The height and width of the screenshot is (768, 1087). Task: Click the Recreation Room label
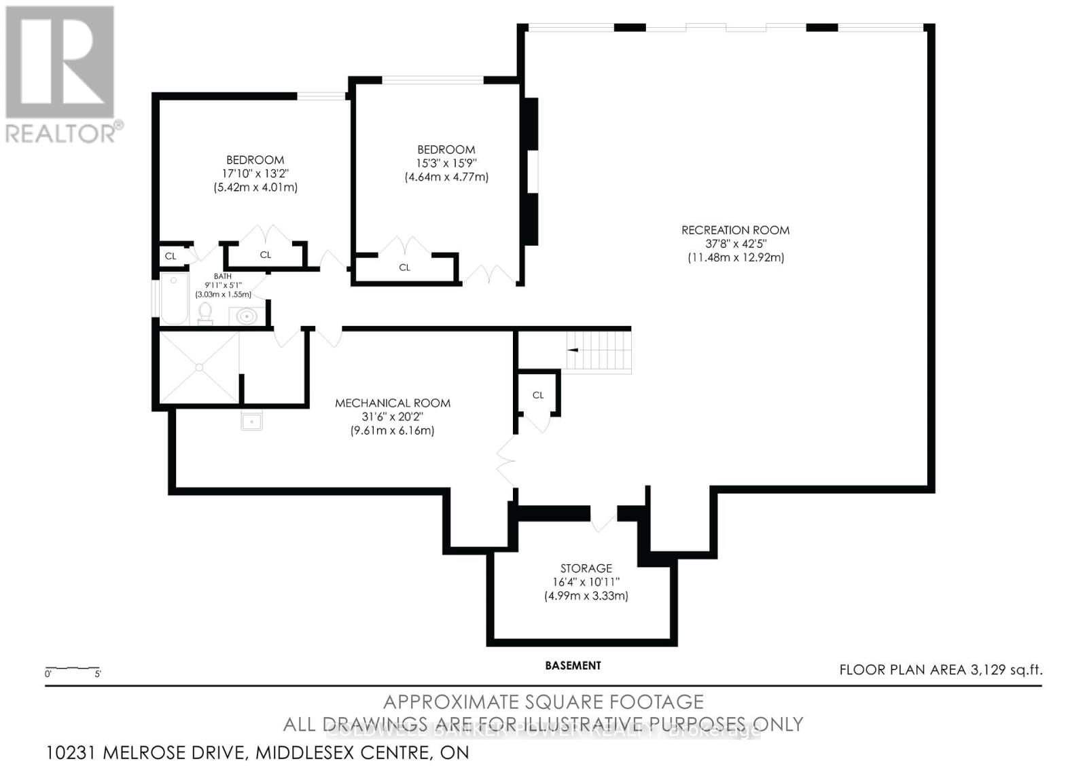735,230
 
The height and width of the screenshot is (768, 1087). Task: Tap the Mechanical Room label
392,403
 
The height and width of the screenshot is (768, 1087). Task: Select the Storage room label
586,568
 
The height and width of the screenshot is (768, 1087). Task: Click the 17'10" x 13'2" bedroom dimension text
255,174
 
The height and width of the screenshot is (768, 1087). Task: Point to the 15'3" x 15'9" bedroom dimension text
446,164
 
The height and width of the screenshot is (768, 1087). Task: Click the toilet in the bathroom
205,313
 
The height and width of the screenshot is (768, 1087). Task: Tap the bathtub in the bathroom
174,299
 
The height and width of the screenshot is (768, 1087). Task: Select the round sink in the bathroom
246,316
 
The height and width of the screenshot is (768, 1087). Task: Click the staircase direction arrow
573,350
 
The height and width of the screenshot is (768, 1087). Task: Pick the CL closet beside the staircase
538,395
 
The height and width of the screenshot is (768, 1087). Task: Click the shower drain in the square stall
199,367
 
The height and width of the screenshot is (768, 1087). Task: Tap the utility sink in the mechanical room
251,421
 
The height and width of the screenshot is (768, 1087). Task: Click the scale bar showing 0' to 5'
73,671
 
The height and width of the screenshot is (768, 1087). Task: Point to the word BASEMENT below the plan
573,665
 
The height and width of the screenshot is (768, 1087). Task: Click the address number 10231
72,752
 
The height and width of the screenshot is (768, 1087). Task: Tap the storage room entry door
603,519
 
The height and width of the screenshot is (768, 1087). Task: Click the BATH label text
223,276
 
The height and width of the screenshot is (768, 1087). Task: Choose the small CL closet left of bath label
171,256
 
